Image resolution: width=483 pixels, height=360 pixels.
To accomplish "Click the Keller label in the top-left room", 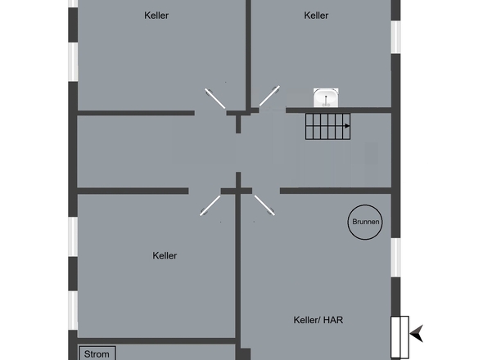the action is [156, 16].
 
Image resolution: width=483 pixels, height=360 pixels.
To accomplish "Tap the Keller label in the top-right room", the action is [316, 16].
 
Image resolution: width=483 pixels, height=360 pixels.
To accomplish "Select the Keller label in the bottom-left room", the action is [165, 255].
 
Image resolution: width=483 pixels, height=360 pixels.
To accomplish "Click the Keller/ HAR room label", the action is [318, 320].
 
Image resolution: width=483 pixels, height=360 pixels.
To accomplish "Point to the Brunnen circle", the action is [365, 205].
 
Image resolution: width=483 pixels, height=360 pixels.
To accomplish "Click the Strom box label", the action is [97, 354].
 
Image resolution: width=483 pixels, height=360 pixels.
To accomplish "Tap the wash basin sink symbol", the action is [326, 98].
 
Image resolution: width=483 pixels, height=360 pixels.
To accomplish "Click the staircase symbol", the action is [327, 126].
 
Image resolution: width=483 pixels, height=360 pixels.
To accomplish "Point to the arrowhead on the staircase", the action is [347, 126].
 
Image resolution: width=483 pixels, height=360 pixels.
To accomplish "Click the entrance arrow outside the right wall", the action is [417, 333].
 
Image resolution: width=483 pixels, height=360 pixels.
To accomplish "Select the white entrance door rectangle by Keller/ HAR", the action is [399, 337].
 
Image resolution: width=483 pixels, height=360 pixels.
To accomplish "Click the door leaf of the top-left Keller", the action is [215, 98].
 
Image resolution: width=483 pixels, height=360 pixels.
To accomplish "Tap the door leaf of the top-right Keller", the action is [269, 96].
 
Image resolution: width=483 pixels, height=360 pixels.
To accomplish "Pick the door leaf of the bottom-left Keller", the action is [210, 205].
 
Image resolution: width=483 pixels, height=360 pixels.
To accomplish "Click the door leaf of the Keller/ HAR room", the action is [264, 205].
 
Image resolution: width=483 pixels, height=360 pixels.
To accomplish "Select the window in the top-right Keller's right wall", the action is [396, 37].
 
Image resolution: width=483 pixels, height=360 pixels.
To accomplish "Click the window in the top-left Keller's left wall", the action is [73, 62].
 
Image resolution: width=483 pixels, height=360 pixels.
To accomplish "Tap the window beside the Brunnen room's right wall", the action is [396, 257].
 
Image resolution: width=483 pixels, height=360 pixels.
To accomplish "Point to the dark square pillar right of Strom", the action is [243, 354].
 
